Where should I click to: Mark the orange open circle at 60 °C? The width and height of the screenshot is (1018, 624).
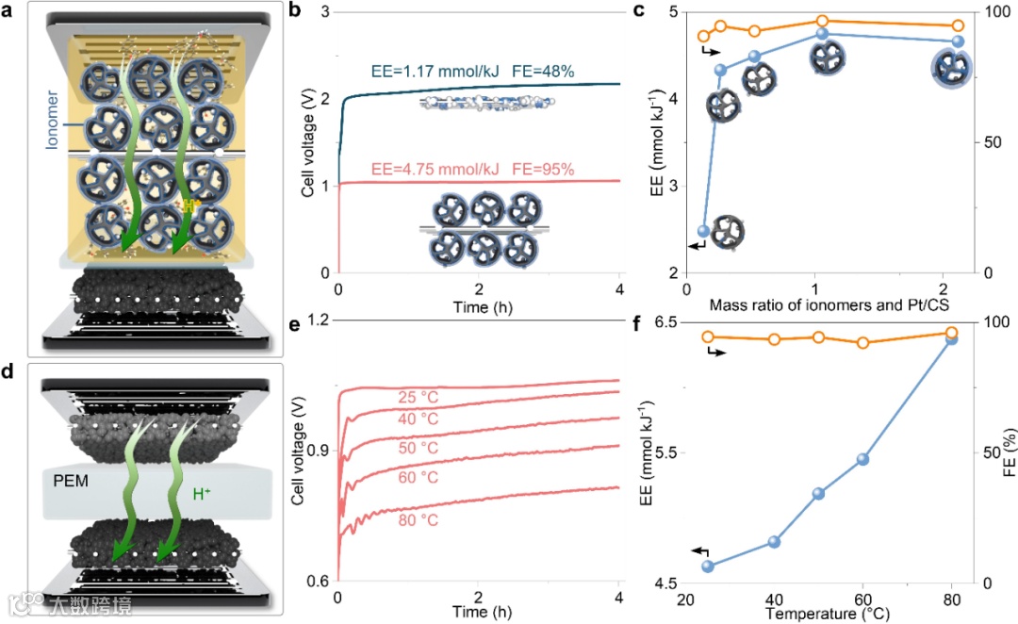pos(862,342)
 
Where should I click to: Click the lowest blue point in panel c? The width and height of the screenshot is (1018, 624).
pos(703,231)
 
